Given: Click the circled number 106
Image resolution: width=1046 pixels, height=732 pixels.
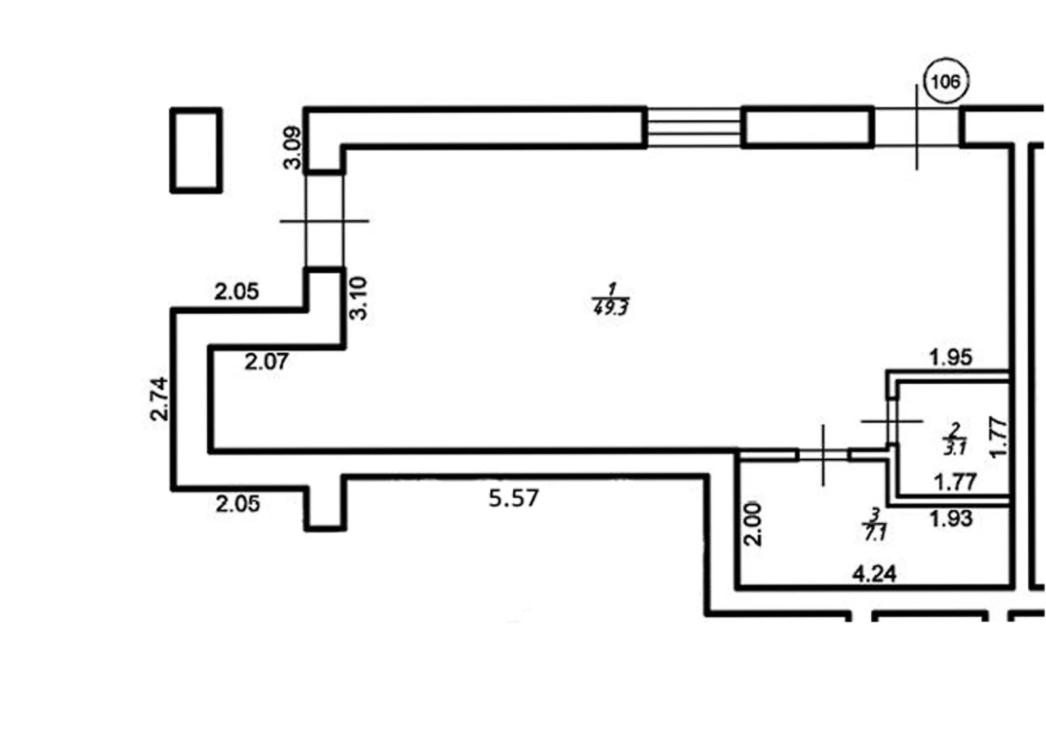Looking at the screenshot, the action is [946, 82].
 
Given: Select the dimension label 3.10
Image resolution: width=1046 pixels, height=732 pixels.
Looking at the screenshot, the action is [359, 298].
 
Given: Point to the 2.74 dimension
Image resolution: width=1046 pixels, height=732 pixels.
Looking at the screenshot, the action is [160, 399].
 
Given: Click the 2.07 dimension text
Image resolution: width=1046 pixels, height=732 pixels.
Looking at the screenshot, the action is [267, 362].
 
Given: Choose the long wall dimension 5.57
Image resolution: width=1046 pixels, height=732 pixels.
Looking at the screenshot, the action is [514, 498].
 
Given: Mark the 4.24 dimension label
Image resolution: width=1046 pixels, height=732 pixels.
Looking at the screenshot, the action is [875, 574].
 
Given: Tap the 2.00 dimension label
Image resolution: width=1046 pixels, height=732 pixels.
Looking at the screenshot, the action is [752, 524].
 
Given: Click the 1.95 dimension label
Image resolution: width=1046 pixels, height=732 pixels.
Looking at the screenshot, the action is [951, 358].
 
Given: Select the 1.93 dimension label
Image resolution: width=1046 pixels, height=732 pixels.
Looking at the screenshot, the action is [951, 519].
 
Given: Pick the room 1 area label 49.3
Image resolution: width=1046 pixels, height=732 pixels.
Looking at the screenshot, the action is [611, 308].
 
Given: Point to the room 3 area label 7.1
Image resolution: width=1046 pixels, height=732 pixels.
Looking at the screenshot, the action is [875, 533].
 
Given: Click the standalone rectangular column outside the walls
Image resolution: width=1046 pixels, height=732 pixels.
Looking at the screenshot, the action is [196, 150].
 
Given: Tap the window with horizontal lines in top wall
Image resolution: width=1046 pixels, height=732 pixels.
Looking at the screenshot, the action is [694, 127].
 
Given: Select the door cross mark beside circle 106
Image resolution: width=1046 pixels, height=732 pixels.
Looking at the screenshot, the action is [917, 127].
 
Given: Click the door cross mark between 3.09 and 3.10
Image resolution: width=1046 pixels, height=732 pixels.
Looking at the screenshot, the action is [324, 221].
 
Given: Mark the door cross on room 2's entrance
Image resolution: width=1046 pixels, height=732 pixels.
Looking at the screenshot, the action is [892, 421].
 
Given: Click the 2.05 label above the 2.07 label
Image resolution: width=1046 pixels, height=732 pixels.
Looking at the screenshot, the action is [236, 291].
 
